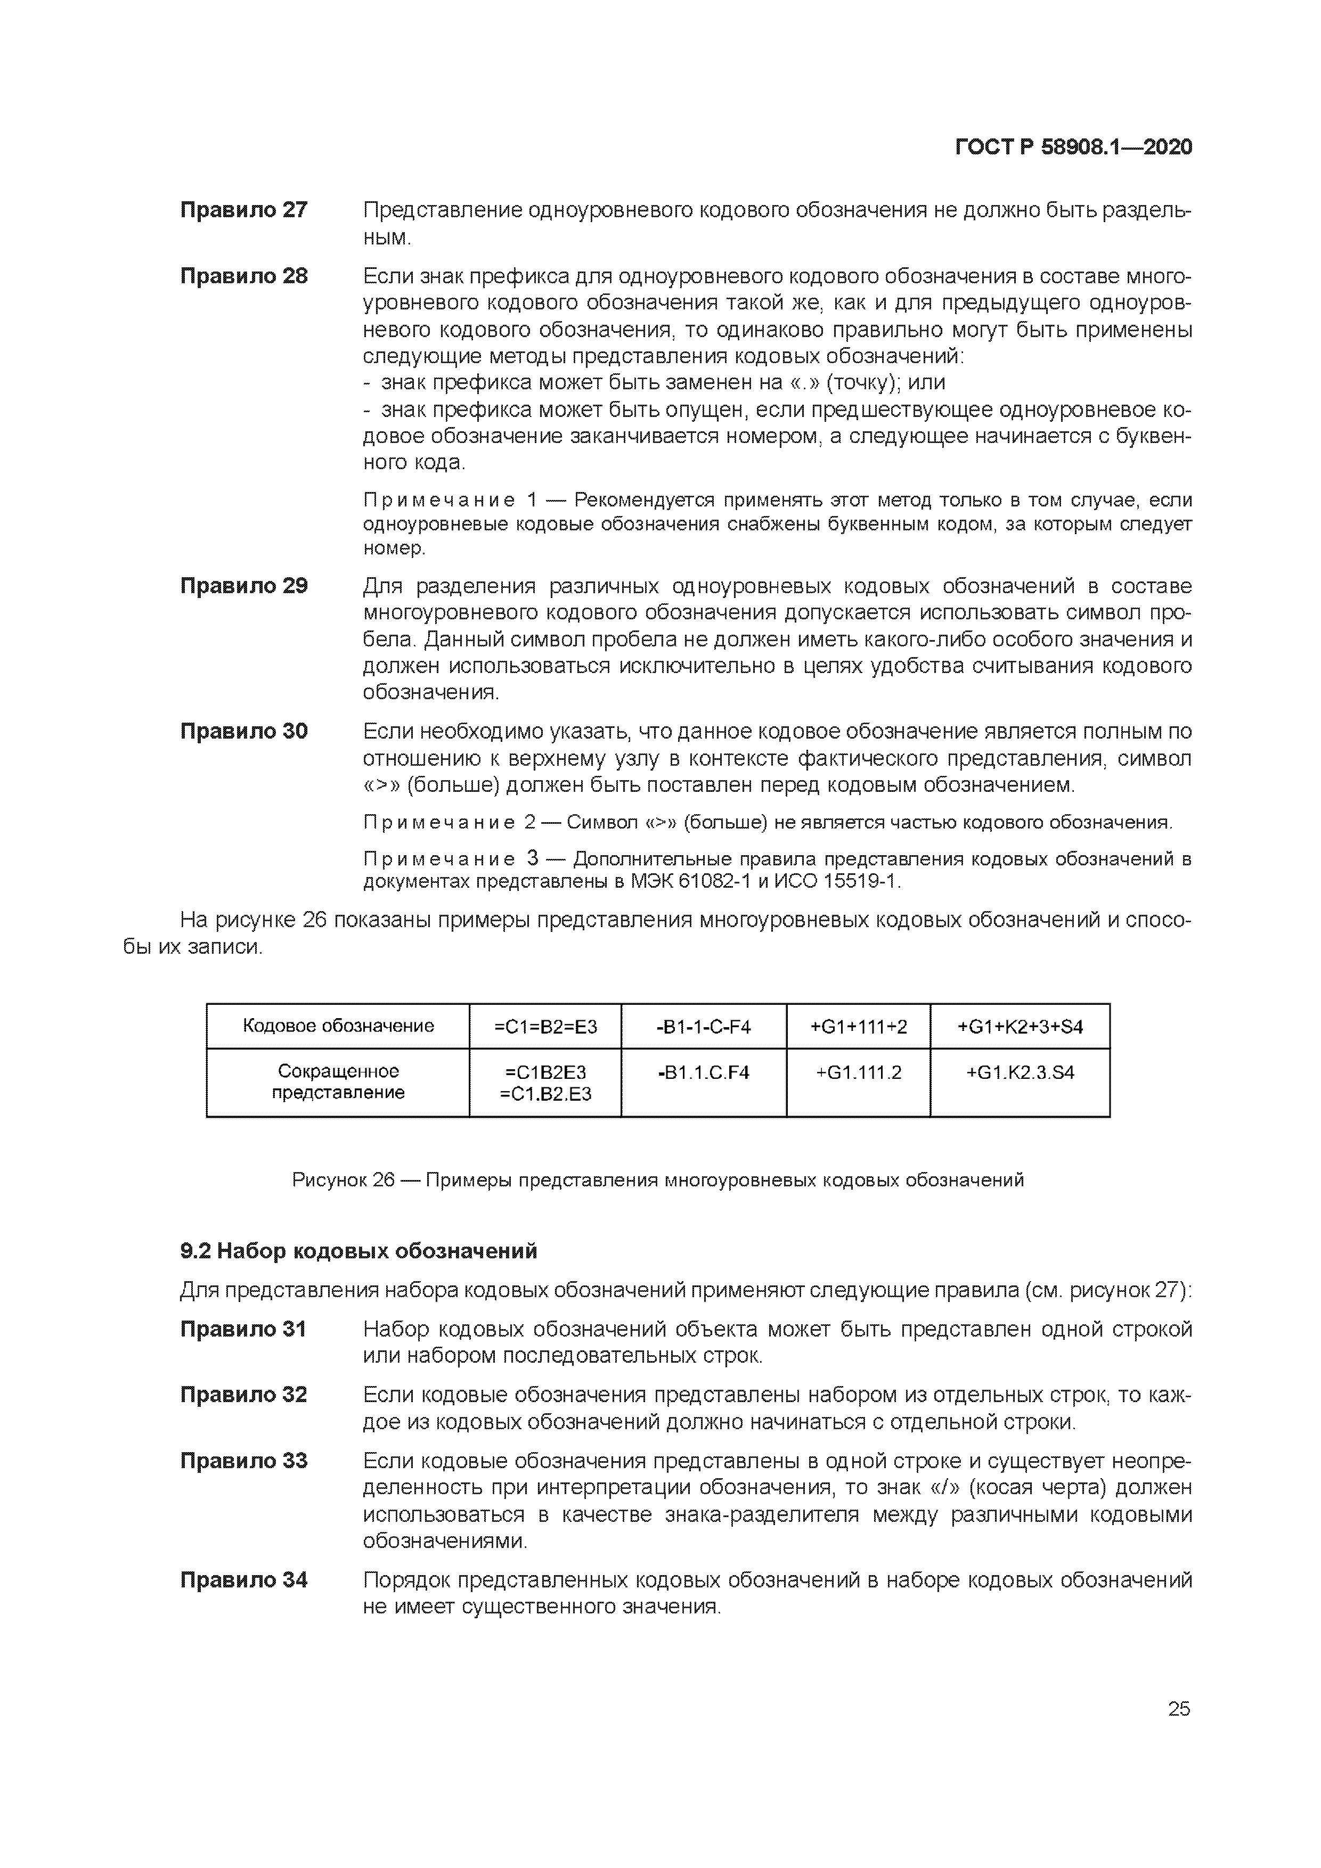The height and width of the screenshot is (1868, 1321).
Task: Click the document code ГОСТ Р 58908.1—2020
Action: [1073, 148]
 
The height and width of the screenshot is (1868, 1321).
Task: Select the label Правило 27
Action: [243, 210]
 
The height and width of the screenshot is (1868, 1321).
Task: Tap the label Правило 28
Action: [243, 276]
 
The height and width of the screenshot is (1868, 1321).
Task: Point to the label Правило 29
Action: [243, 586]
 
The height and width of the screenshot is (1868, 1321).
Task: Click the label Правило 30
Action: [243, 731]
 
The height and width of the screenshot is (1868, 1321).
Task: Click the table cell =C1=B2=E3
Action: [545, 1027]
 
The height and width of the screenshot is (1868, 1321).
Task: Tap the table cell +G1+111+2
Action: [858, 1027]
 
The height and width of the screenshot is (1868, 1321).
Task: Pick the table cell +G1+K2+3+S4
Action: [1020, 1027]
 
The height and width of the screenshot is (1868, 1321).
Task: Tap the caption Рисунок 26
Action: [343, 1179]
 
